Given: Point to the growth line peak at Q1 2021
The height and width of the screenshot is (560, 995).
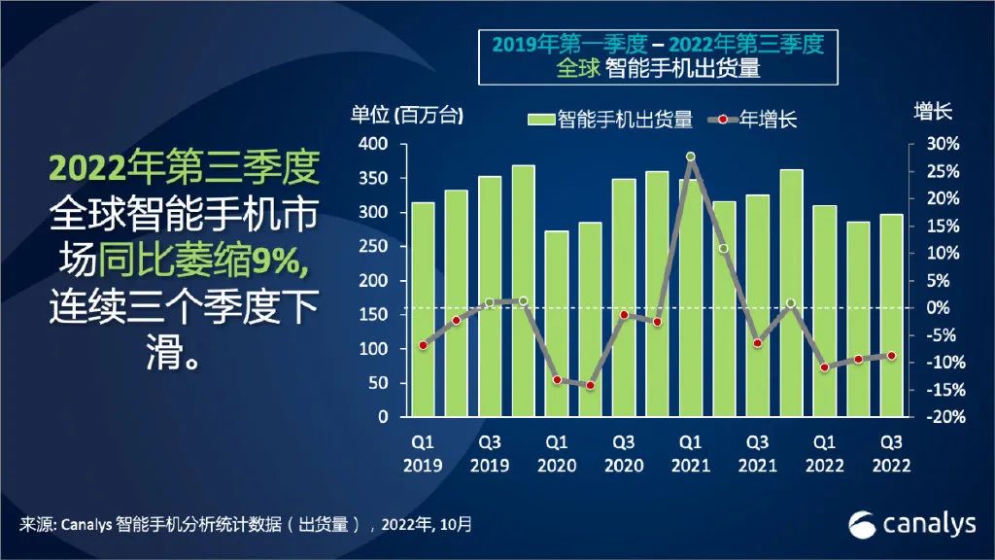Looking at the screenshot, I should (x=690, y=157).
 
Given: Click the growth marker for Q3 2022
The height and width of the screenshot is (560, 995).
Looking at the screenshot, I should (x=890, y=356).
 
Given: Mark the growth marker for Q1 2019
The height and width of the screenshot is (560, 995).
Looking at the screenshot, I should (x=423, y=345).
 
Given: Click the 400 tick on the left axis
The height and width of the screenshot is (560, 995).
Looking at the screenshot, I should (x=375, y=144).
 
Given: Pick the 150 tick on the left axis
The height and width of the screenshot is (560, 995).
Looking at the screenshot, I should (x=375, y=315).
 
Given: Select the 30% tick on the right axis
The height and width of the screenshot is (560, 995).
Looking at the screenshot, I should (x=942, y=144).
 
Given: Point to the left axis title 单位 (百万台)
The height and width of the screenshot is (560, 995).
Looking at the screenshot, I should (x=407, y=114).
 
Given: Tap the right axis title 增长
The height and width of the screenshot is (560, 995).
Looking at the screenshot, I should (x=934, y=111).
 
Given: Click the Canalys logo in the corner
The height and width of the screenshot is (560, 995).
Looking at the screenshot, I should (x=911, y=524).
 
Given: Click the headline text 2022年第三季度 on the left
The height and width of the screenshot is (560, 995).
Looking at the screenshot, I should (x=184, y=168).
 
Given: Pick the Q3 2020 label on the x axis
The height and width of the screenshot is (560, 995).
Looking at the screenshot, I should (x=623, y=452).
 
